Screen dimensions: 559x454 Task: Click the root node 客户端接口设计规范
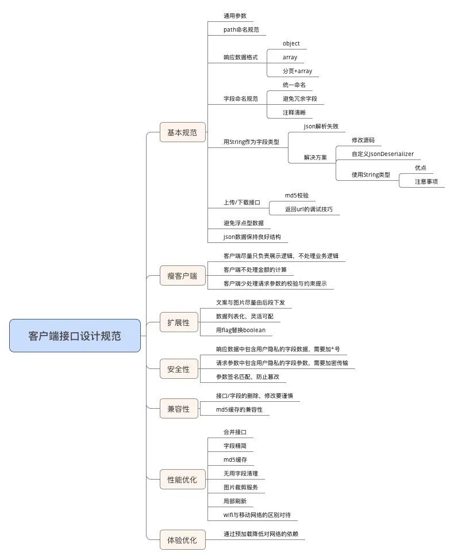75,336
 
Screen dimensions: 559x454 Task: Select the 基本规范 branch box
182,132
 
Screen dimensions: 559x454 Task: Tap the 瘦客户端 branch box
182,276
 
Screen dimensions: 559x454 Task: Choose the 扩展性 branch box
179,322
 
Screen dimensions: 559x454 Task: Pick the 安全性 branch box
179,369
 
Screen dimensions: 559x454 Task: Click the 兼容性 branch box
179,409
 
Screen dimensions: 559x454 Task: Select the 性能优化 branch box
182,479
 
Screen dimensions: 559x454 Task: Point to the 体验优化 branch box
182,540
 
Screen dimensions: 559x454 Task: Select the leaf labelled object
291,44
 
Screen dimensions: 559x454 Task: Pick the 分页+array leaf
297,71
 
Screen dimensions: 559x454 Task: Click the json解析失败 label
321,126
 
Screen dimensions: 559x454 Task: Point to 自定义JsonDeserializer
382,154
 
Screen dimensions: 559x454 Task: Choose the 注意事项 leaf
426,181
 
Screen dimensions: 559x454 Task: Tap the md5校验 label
301,196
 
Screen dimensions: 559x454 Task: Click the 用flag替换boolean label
241,330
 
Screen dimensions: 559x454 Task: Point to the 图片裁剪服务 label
241,487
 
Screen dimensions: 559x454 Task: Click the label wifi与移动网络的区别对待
260,515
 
